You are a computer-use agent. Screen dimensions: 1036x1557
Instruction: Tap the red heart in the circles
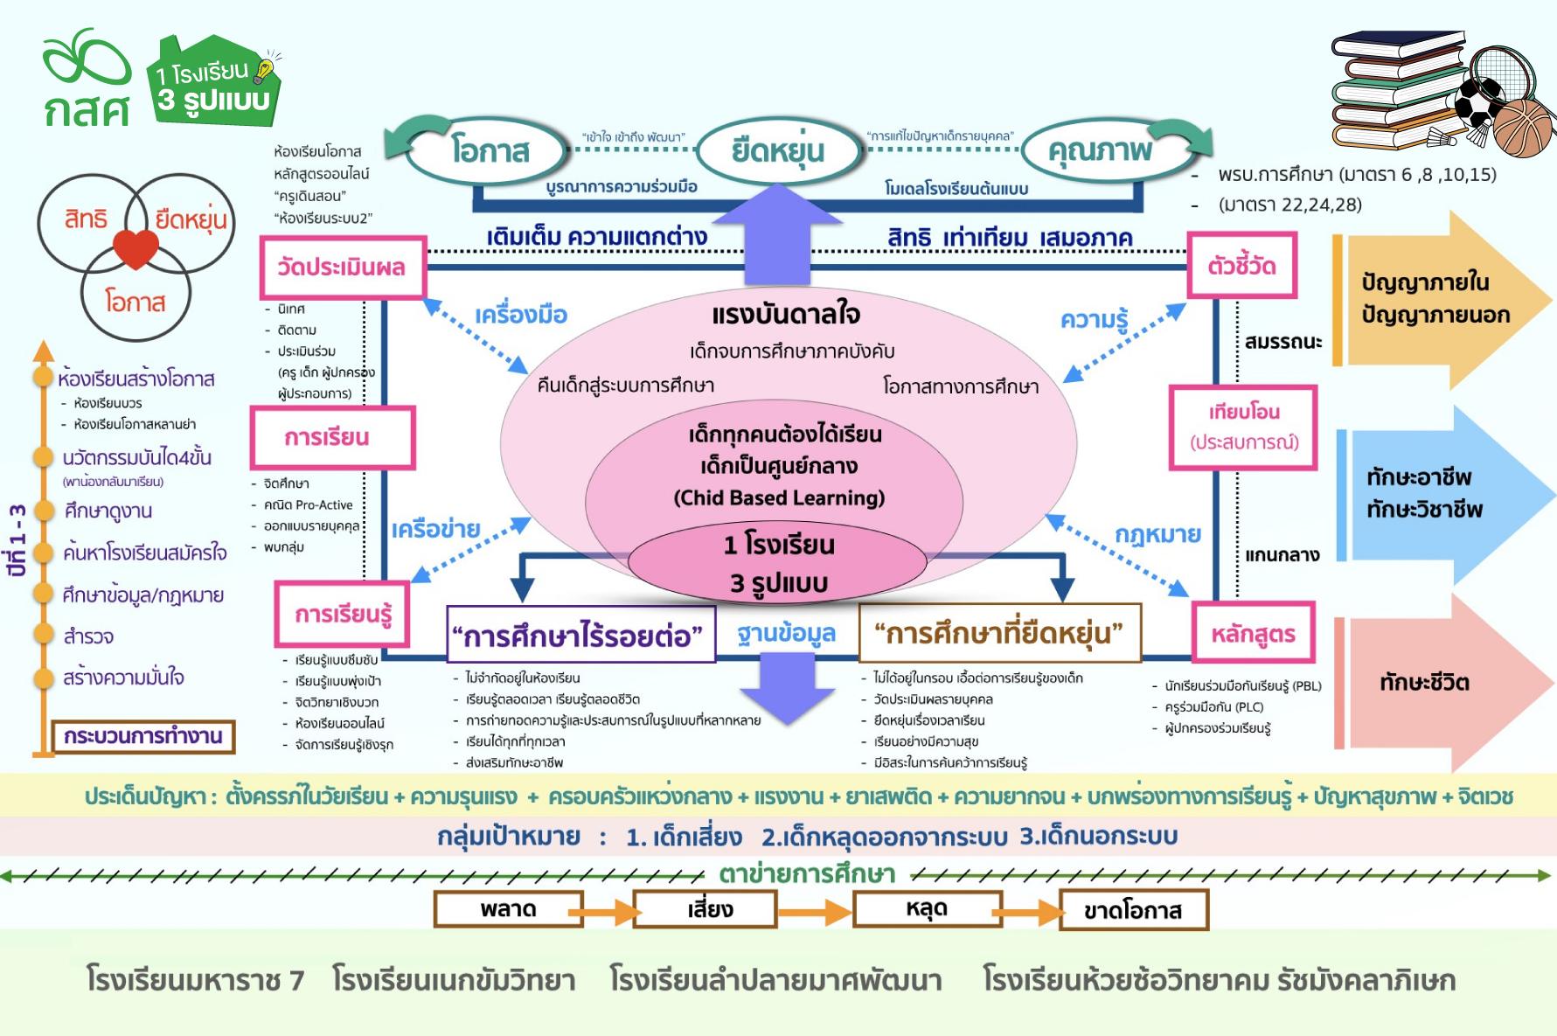pyautogui.click(x=136, y=249)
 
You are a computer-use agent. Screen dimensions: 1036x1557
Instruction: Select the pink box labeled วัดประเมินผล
pyautogui.click(x=343, y=267)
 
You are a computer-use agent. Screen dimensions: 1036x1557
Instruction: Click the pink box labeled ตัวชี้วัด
pyautogui.click(x=1241, y=265)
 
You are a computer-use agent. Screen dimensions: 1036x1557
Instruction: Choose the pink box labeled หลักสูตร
pyautogui.click(x=1253, y=633)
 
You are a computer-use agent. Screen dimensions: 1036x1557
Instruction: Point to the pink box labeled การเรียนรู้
pyautogui.click(x=343, y=614)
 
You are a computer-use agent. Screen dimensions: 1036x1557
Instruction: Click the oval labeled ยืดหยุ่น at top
pyautogui.click(x=778, y=150)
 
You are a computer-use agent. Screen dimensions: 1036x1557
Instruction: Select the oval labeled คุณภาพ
pyautogui.click(x=1100, y=150)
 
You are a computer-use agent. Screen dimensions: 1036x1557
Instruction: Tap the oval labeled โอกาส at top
pyautogui.click(x=490, y=150)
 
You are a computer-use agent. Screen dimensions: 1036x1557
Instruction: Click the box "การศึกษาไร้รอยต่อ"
pyautogui.click(x=580, y=634)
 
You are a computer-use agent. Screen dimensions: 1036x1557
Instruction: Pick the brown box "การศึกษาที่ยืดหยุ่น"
pyautogui.click(x=999, y=632)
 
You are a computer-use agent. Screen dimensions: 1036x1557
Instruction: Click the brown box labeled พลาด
pyautogui.click(x=508, y=909)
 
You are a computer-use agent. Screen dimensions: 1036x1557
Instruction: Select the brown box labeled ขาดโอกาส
pyautogui.click(x=1133, y=910)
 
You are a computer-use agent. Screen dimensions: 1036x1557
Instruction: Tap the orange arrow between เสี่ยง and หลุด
pyautogui.click(x=814, y=912)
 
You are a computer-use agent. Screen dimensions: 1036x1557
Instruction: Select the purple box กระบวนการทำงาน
pyautogui.click(x=143, y=736)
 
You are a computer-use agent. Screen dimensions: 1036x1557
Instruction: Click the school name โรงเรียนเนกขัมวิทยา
pyautogui.click(x=454, y=980)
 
